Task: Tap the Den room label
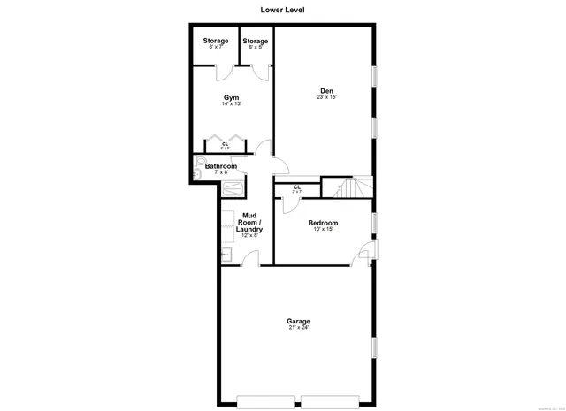point(325,90)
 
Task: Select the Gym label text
point(232,97)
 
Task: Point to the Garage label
point(298,321)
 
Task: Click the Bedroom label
point(323,223)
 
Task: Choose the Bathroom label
point(221,166)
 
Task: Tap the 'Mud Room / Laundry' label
point(249,222)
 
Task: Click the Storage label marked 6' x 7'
point(216,41)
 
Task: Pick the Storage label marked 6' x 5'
point(256,41)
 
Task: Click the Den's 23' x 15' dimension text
point(325,97)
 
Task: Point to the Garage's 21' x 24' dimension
point(298,328)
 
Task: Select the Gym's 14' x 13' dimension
point(232,104)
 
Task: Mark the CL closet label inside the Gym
point(225,144)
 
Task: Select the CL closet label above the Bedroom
point(297,187)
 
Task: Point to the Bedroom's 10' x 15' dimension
point(323,230)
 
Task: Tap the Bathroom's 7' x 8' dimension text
point(221,172)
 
